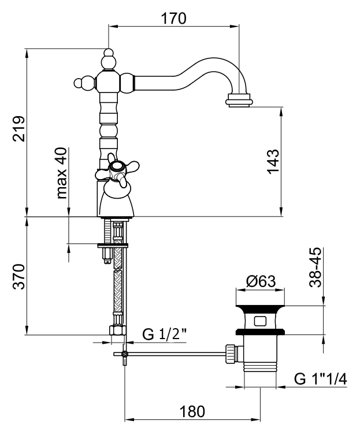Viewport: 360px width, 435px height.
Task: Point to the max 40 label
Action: (x=62, y=173)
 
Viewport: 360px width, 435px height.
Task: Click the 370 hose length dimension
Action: (x=19, y=277)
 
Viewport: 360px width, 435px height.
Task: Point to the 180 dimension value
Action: (x=192, y=411)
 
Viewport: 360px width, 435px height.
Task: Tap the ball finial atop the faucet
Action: (x=109, y=59)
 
